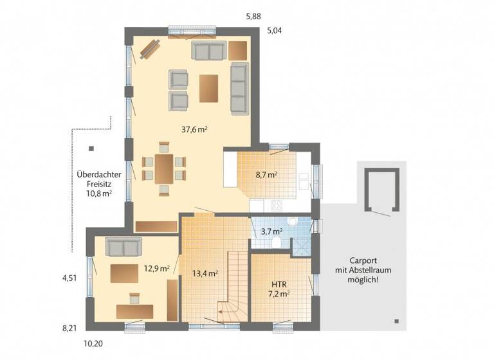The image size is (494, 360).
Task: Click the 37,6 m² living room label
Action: pyautogui.click(x=193, y=129)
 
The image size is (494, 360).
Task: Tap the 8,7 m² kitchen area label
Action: pyautogui.click(x=266, y=174)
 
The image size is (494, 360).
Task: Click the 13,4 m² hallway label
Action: pyautogui.click(x=205, y=273)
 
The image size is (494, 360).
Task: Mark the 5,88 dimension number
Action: pyautogui.click(x=253, y=17)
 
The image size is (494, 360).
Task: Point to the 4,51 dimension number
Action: pyautogui.click(x=69, y=278)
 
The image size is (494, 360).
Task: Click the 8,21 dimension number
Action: pyautogui.click(x=69, y=328)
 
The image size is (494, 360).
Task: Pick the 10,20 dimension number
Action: pyautogui.click(x=93, y=343)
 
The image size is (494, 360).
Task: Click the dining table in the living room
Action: pyautogui.click(x=163, y=168)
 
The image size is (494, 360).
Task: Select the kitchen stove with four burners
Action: pyautogui.click(x=277, y=206)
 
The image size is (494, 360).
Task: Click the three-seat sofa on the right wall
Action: pyautogui.click(x=239, y=87)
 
